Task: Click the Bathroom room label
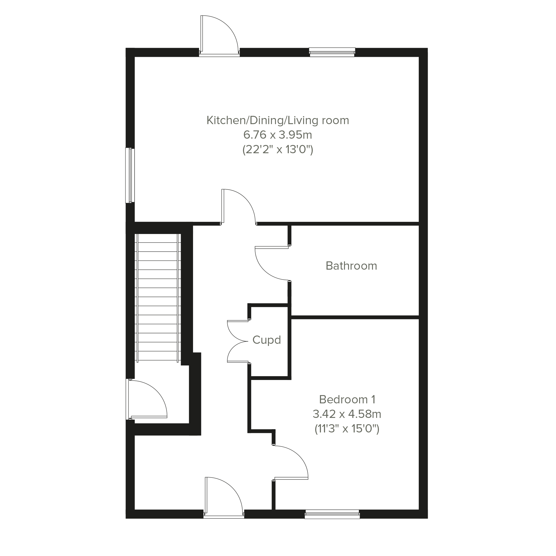tap(351, 266)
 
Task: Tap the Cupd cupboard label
tap(267, 340)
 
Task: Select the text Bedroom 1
tap(347, 399)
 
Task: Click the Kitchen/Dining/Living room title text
tap(278, 120)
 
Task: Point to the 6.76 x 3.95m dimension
tap(278, 135)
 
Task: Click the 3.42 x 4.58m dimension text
tap(347, 414)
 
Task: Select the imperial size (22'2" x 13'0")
tap(278, 150)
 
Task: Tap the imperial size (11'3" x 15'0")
tap(347, 429)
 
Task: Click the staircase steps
tap(158, 298)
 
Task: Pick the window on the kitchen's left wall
tap(130, 175)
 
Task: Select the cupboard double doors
tap(238, 341)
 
